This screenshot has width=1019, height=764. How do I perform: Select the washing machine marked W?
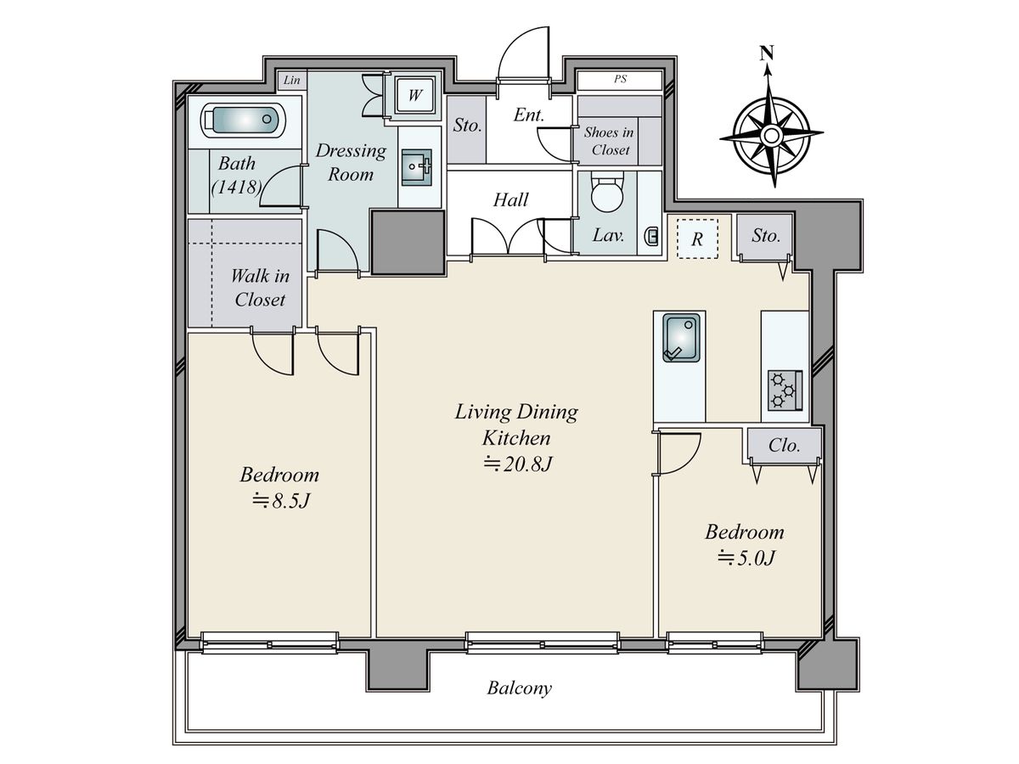(414, 96)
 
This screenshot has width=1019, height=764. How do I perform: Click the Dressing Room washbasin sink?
(416, 167)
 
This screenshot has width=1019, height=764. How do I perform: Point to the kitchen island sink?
(681, 338)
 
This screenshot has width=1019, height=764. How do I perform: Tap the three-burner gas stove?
(785, 390)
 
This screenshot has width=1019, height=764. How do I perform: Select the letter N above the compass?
(767, 53)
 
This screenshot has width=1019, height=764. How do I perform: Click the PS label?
(620, 79)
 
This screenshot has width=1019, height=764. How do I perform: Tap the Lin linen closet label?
(291, 81)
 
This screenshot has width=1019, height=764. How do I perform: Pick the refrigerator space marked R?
(697, 239)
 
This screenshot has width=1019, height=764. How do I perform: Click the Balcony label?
(520, 688)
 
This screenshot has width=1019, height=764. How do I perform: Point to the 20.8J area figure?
(518, 463)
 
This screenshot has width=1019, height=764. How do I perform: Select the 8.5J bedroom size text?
(280, 501)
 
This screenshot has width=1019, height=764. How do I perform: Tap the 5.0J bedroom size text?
(746, 558)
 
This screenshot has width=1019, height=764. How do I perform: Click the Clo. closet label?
(784, 446)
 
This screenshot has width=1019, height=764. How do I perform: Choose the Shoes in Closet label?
(609, 141)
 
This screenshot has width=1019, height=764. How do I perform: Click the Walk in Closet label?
(260, 288)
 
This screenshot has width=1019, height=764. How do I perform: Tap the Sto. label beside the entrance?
(467, 125)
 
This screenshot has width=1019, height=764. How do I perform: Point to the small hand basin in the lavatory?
(650, 236)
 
